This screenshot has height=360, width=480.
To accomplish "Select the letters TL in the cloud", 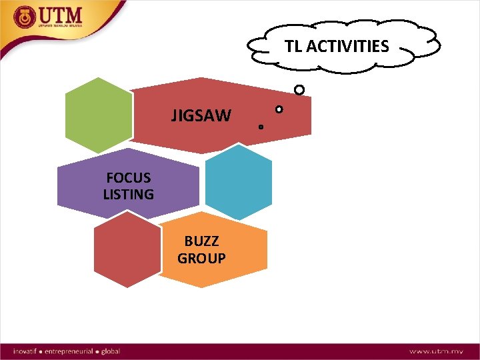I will [293, 46].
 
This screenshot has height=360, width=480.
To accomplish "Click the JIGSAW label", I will [201, 116].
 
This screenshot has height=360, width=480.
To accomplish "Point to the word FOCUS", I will [129, 178].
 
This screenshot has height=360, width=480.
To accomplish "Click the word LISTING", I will [129, 195].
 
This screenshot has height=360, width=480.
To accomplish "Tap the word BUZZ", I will [201, 241].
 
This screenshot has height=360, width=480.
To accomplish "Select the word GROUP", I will [201, 258].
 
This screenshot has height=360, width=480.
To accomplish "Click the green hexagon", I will [99, 115].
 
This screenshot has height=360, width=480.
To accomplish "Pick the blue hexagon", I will [239, 182].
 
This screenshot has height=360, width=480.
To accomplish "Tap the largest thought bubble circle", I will [299, 89].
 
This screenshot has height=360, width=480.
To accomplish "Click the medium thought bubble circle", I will [279, 109].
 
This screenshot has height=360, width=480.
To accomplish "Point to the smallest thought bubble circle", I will [261, 126].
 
